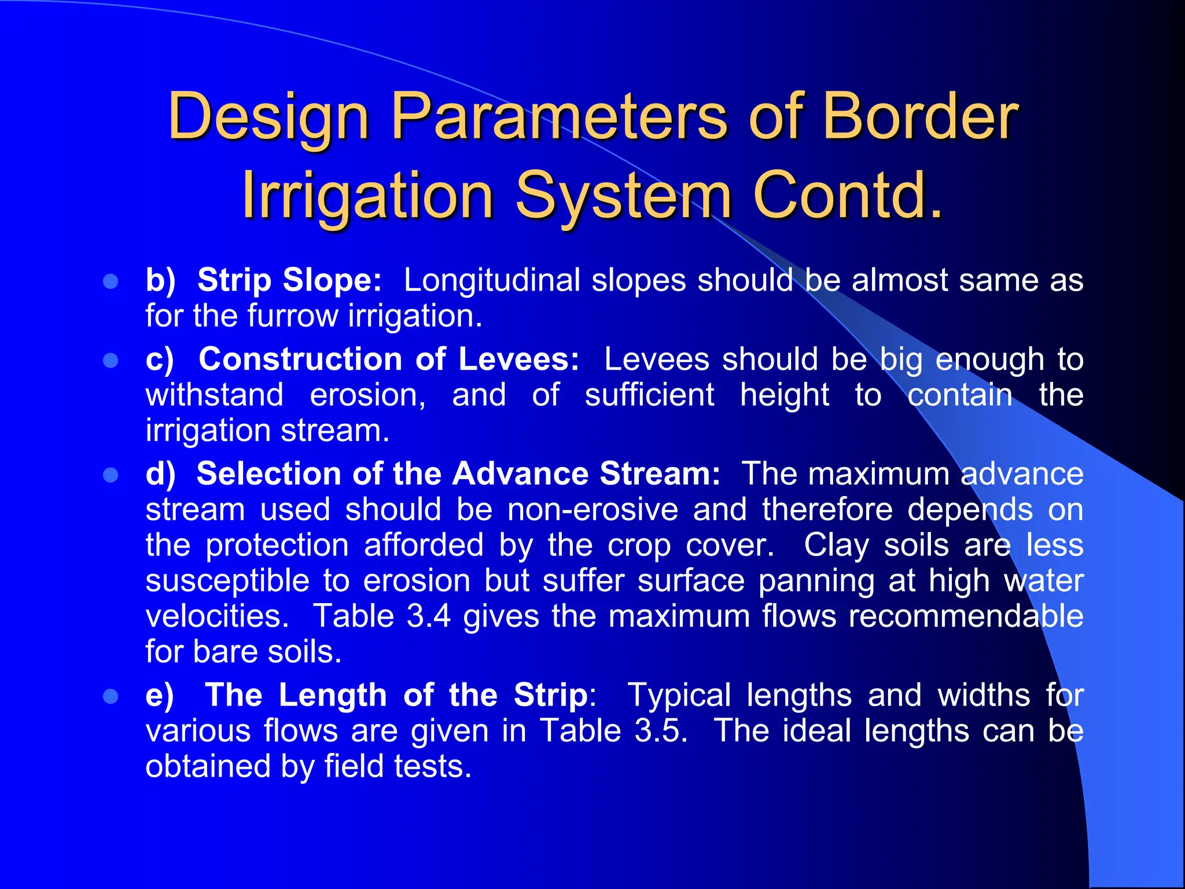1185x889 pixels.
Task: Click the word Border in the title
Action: click(920, 117)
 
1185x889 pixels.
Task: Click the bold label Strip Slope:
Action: click(289, 280)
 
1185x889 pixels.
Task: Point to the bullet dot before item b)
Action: click(111, 282)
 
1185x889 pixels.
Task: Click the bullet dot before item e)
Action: click(111, 696)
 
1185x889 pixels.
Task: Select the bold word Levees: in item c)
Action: click(518, 359)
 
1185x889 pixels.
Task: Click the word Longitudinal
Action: click(491, 280)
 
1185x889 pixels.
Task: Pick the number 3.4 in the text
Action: click(428, 616)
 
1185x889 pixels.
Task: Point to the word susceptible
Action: click(227, 581)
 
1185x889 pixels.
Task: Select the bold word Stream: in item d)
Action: click(660, 474)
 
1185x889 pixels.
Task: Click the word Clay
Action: click(836, 545)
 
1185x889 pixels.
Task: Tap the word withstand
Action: click(215, 395)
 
